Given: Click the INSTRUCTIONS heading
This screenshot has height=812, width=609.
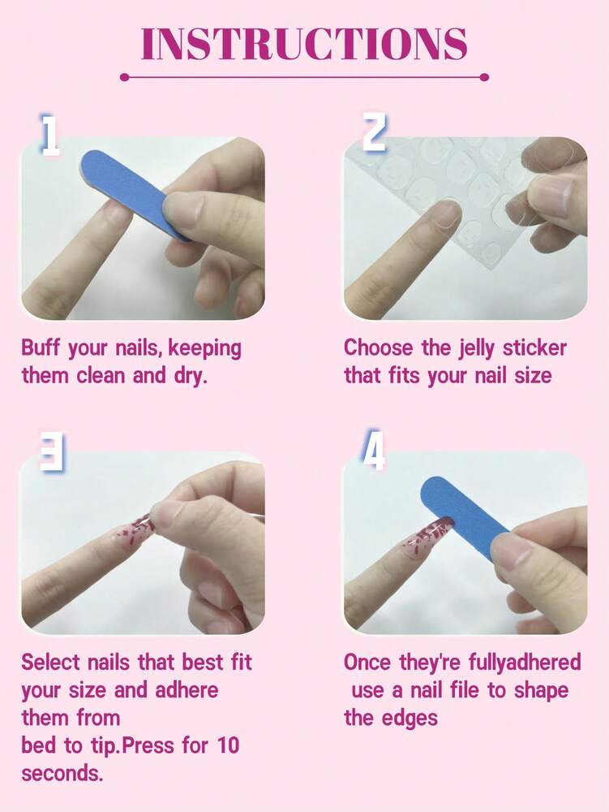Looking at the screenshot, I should tap(304, 44).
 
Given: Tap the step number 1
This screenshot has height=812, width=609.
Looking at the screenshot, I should tap(50, 136).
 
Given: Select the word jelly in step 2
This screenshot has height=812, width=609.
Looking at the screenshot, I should tap(474, 349).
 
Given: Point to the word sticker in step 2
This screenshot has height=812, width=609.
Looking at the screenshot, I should tap(534, 349).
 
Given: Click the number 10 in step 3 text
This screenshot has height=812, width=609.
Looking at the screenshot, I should tap(225, 745).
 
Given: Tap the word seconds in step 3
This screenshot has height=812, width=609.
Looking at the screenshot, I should tap(62, 773).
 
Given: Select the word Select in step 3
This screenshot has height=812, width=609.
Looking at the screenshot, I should tap(51, 663).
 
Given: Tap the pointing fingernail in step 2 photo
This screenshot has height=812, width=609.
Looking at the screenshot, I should tap(441, 214).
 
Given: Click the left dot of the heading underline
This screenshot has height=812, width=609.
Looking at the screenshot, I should tap(124, 77).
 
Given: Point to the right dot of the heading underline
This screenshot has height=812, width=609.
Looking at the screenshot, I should tap(485, 77).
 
